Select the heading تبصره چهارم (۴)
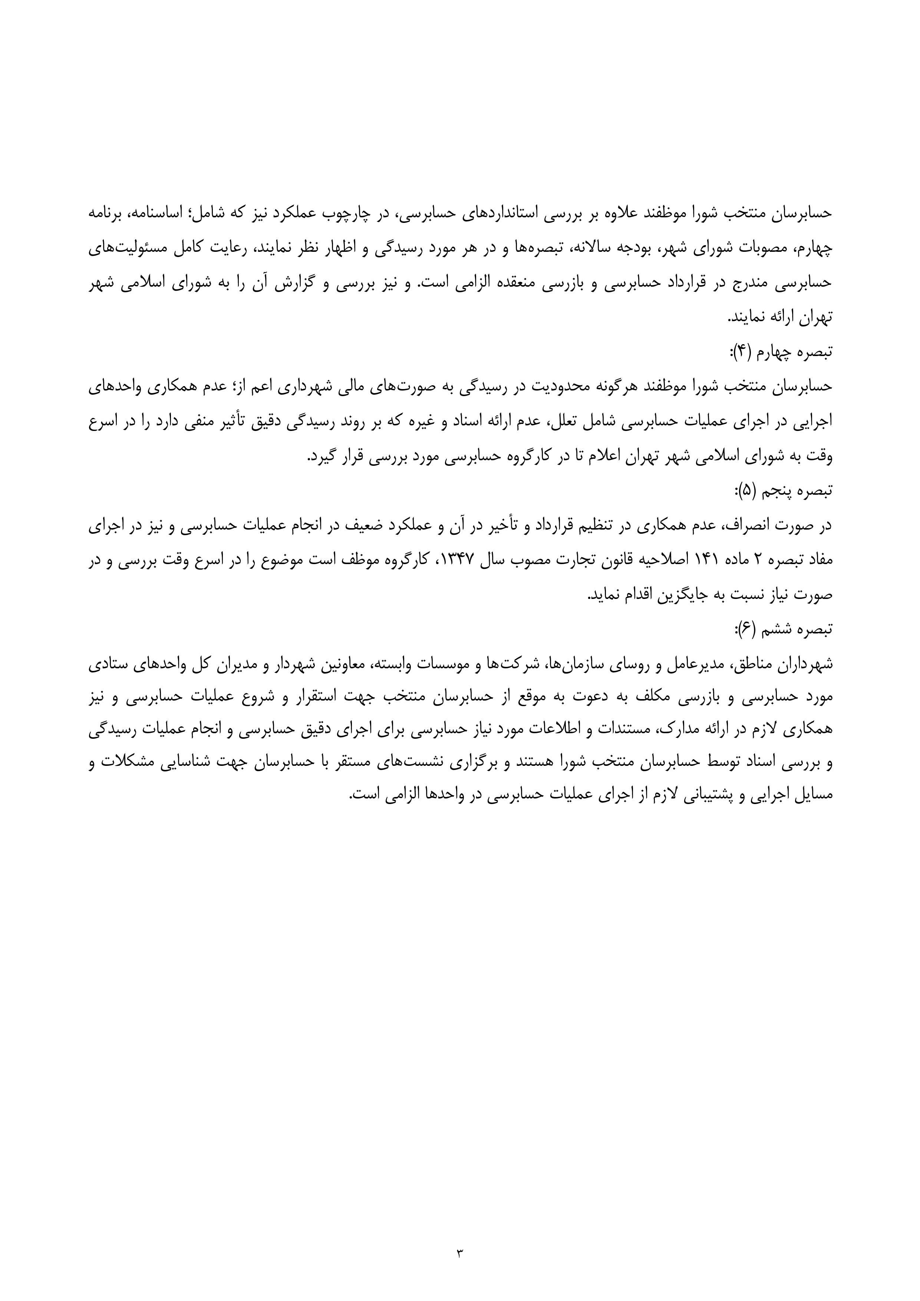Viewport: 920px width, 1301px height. [781, 352]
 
